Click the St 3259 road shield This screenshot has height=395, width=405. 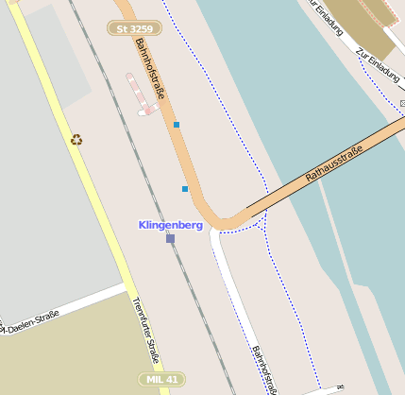pyautogui.click(x=134, y=29)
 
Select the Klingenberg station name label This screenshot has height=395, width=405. pyautogui.click(x=170, y=225)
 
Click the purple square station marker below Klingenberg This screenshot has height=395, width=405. pyautogui.click(x=170, y=239)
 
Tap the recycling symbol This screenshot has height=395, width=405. pyautogui.click(x=76, y=140)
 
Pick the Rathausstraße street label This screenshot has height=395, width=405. pyautogui.click(x=335, y=163)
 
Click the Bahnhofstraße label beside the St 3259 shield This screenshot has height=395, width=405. pyautogui.click(x=151, y=66)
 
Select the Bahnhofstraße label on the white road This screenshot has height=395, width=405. pyautogui.click(x=264, y=370)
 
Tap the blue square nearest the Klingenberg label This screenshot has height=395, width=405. pyautogui.click(x=185, y=189)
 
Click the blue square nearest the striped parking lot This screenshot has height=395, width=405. pyautogui.click(x=176, y=124)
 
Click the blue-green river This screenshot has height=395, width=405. pyautogui.click(x=283, y=104)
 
